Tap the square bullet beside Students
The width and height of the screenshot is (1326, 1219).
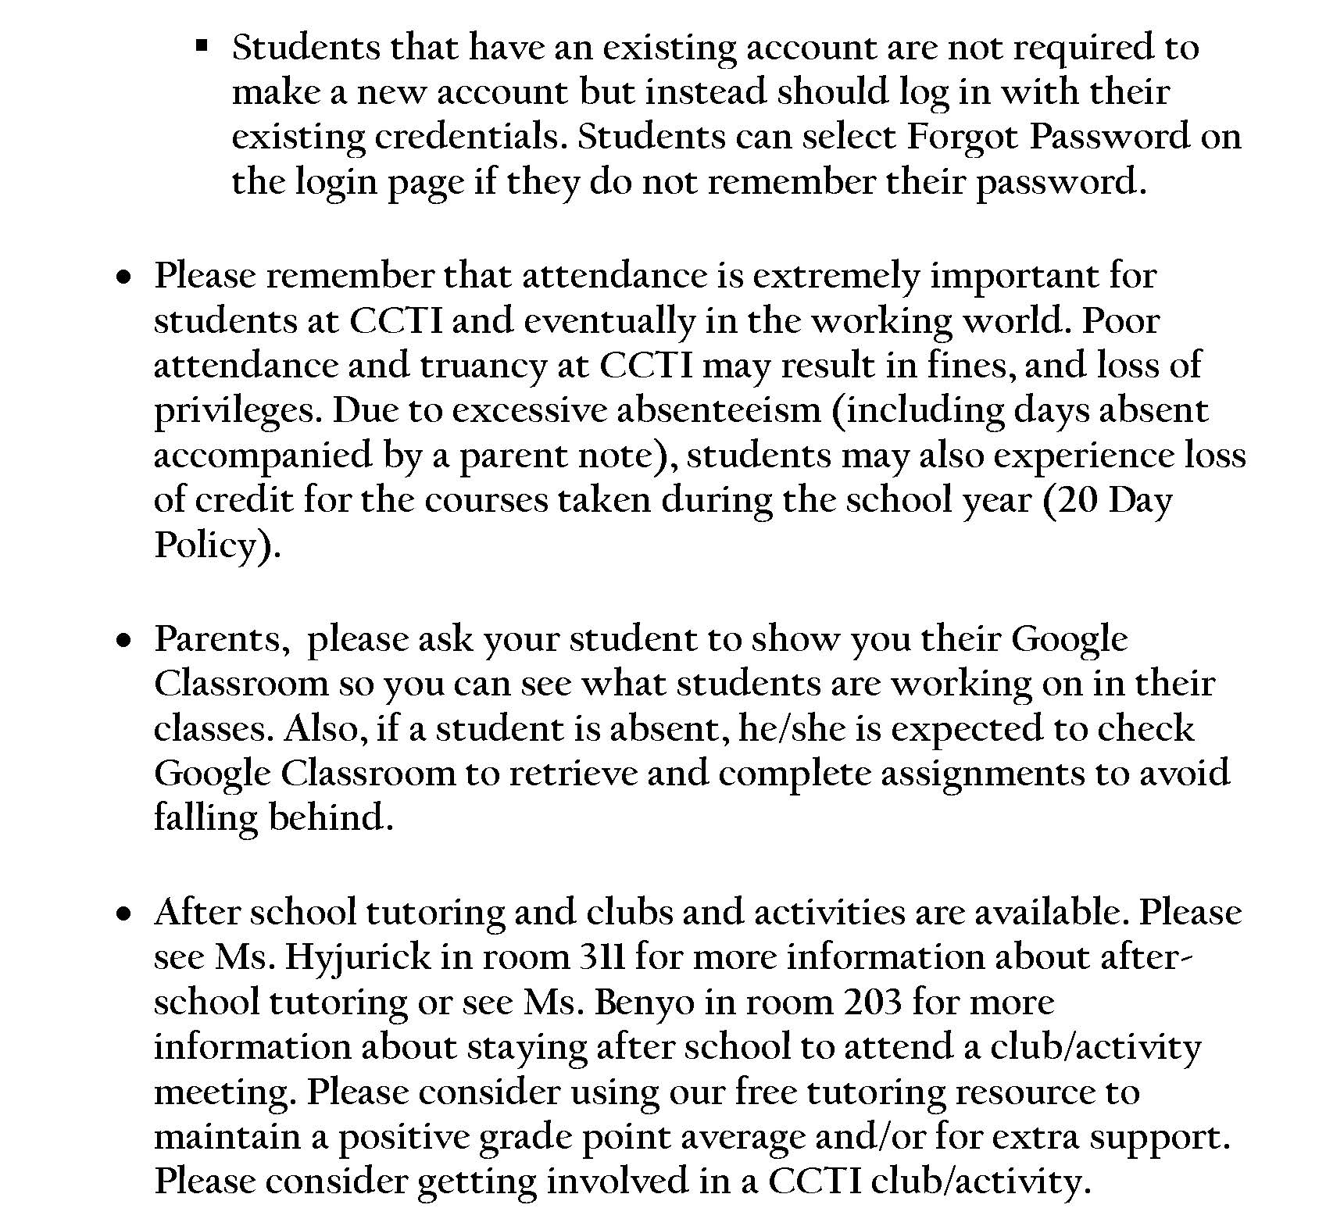click(x=202, y=47)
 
